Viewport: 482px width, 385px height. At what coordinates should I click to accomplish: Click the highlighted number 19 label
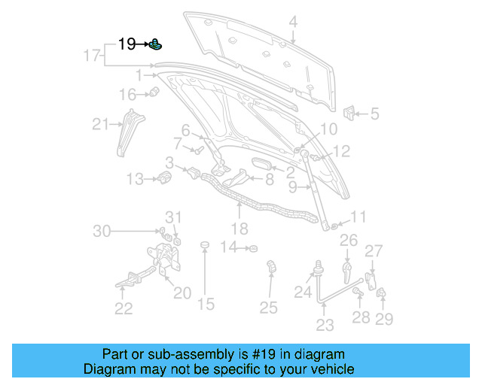coord(127,44)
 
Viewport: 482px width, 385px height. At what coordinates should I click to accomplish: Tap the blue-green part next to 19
coord(155,44)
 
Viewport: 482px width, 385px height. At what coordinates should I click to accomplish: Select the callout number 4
coord(293,22)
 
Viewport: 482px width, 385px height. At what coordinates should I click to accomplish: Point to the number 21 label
coord(100,124)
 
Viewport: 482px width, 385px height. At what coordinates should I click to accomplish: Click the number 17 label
coord(91,56)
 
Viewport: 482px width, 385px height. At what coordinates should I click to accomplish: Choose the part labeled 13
coord(165,177)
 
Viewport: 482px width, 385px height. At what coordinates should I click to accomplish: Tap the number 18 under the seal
coord(239,229)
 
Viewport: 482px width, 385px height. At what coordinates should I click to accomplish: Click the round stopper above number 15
coord(203,245)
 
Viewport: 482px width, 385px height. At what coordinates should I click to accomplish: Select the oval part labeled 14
coord(253,247)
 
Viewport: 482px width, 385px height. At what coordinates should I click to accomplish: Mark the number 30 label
coord(102,232)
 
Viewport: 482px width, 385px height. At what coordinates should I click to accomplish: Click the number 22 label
coord(124,308)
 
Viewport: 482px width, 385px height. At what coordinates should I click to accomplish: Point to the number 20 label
coord(182,293)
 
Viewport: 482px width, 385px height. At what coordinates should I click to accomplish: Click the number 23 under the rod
coord(325,325)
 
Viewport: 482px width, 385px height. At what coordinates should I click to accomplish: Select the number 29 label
coord(384,320)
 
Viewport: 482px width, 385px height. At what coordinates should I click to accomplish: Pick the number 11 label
coord(358,217)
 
